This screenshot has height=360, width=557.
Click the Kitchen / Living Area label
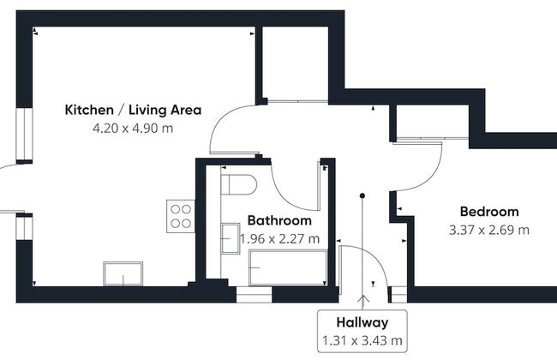click(x=133, y=110)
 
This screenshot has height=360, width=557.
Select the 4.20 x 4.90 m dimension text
click(x=133, y=129)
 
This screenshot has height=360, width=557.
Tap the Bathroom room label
click(x=278, y=220)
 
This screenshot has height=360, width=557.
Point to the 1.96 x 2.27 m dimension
click(x=279, y=238)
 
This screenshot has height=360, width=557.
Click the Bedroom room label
click(x=489, y=212)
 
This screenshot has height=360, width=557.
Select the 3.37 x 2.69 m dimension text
click(x=489, y=230)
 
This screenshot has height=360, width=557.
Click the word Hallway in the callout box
click(x=362, y=323)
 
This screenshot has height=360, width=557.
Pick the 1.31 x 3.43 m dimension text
click(x=362, y=341)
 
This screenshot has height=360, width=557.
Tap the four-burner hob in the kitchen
click(x=181, y=214)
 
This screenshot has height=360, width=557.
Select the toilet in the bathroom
click(x=239, y=185)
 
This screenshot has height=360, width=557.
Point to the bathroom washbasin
click(x=230, y=237)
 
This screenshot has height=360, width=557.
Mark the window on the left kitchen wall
click(x=24, y=135)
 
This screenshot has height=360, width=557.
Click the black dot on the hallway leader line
click(x=362, y=196)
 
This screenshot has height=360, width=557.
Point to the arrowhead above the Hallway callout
click(x=362, y=299)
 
